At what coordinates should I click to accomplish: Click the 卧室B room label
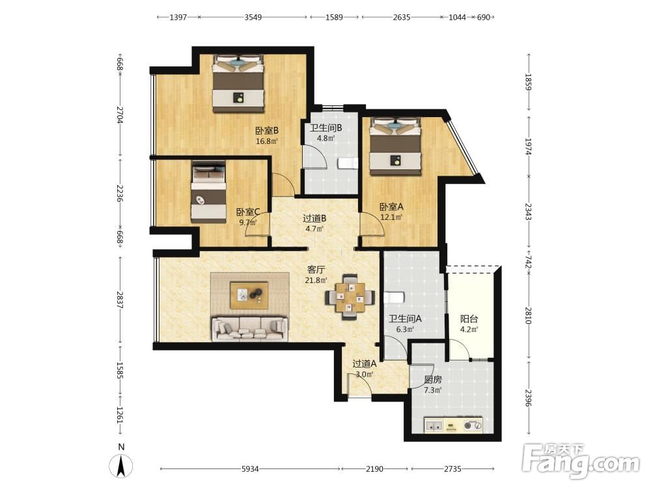coord(266,131)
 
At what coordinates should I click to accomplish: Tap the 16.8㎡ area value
coord(266,141)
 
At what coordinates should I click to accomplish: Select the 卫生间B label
coord(326,128)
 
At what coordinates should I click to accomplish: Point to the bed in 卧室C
coord(208,191)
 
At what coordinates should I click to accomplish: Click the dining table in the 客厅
coord(350,297)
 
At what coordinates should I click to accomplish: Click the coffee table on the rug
coord(249,295)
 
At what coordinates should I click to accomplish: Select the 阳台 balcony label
coord(469,319)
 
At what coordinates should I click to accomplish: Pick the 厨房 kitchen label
coord(433,379)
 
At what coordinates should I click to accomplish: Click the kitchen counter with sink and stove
coord(453,425)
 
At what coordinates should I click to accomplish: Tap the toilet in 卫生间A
coord(394,298)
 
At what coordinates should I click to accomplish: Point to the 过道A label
coord(365,364)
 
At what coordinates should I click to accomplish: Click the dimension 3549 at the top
coord(253,18)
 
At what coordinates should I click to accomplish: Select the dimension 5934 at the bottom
coord(250,469)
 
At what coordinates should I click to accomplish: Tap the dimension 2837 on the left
coord(120,299)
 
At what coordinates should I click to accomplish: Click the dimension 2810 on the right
coord(528,316)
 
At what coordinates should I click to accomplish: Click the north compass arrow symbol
coord(121,466)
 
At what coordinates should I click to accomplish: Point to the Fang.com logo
coord(581,461)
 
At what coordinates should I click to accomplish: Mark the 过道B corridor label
coord(314,218)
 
